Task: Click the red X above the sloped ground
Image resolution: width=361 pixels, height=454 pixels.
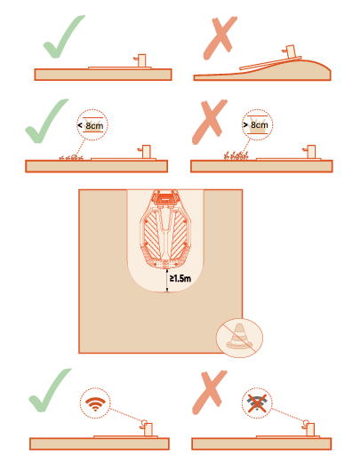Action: pyautogui.click(x=220, y=37)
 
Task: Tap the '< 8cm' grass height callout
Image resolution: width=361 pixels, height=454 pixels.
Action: pyautogui.click(x=92, y=125)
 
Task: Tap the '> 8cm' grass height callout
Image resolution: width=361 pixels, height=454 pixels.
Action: pyautogui.click(x=257, y=124)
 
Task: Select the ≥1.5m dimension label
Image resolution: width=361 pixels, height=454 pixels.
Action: pyautogui.click(x=180, y=278)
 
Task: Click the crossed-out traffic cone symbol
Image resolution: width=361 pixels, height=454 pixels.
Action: pyautogui.click(x=239, y=338)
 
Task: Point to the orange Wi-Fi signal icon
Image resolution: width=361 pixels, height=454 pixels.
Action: pyautogui.click(x=95, y=403)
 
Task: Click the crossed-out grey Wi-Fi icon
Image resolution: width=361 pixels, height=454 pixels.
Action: pyautogui.click(x=257, y=403)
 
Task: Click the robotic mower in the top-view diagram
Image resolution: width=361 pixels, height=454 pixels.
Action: pyautogui.click(x=165, y=229)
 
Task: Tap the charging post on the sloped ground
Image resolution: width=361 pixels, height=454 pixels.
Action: pyautogui.click(x=290, y=52)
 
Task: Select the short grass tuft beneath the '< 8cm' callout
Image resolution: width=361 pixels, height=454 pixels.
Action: pyautogui.click(x=71, y=157)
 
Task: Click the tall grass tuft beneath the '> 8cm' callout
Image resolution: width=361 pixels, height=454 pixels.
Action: pyautogui.click(x=236, y=155)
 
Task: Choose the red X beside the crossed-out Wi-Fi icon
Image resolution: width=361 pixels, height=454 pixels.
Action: pyautogui.click(x=209, y=393)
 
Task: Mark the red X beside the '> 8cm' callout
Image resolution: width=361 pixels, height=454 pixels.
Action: pyautogui.click(x=209, y=122)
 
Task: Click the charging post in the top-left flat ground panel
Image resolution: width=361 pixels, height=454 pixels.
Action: pyautogui.click(x=140, y=60)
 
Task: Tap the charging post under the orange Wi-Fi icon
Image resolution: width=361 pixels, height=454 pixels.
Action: pyautogui.click(x=148, y=428)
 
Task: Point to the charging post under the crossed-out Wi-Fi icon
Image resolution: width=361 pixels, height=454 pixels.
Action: pyautogui.click(x=309, y=428)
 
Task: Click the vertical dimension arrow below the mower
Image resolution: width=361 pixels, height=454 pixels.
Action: pyautogui.click(x=167, y=281)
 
